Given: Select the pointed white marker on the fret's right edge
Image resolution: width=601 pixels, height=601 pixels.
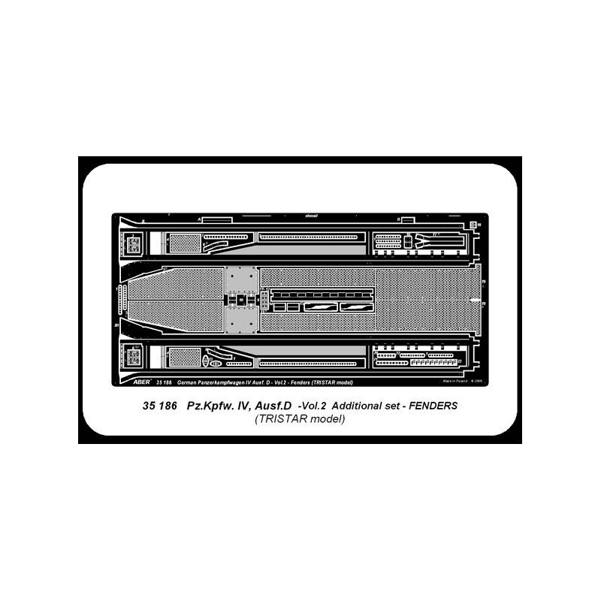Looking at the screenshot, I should [472, 300].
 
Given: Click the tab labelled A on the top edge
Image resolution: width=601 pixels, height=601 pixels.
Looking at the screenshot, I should [200, 219].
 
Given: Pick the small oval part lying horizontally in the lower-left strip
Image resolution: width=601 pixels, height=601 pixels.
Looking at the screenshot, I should [216, 363].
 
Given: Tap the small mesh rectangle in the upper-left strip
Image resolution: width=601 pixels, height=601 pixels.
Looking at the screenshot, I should [184, 242].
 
